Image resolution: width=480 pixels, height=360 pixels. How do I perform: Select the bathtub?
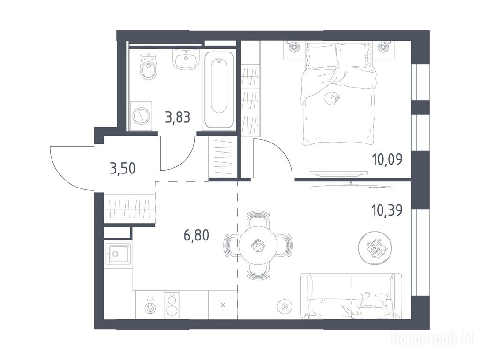(219, 90)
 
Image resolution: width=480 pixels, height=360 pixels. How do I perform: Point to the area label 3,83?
(178, 117)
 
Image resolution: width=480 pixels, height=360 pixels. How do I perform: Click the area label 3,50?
(122, 168)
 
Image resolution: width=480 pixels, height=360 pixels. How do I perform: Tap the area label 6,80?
(196, 235)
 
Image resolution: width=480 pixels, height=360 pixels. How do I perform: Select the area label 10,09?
(387, 159)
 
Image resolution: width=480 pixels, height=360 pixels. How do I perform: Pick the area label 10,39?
(387, 210)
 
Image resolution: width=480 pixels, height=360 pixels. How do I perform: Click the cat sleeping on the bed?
(331, 98)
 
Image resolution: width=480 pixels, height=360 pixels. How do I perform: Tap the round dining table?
(258, 245)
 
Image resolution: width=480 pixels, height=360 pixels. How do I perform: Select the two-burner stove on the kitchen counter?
(171, 305)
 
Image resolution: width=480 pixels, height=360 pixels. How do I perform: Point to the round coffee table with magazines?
(374, 247)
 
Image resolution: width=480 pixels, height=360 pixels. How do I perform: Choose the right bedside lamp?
(382, 47)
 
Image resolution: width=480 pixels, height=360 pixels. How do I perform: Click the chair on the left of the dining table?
(231, 245)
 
